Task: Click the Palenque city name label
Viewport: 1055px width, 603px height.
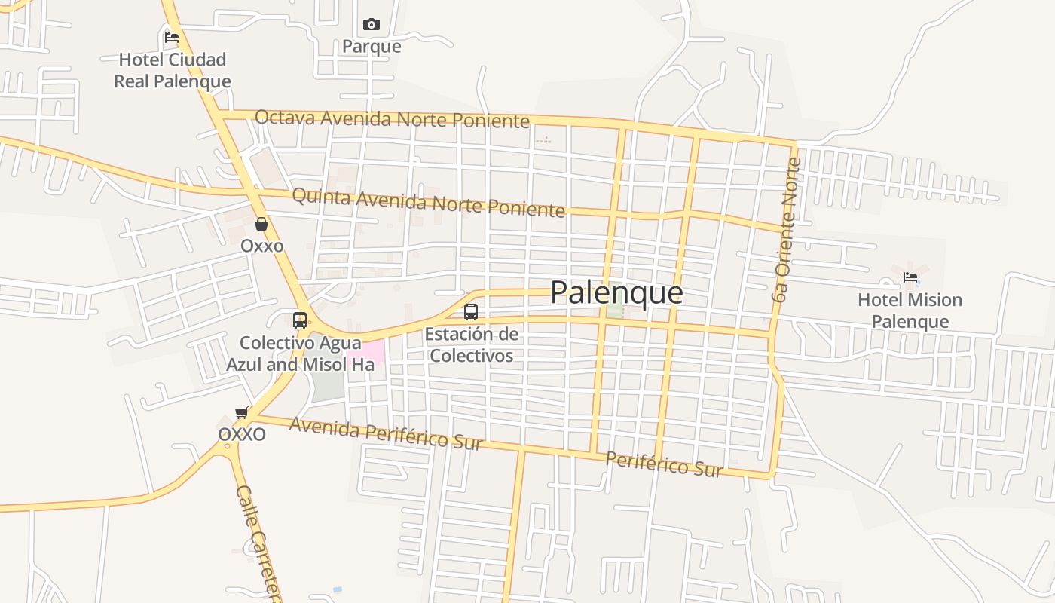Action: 616,292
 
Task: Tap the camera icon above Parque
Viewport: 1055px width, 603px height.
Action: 372,25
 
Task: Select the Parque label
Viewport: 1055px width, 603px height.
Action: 372,47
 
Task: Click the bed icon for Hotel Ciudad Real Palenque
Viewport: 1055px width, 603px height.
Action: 172,37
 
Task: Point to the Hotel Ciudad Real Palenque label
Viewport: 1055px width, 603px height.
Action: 173,70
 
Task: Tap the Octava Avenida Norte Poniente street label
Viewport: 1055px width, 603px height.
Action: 392,118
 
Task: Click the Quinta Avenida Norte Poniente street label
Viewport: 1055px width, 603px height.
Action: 428,202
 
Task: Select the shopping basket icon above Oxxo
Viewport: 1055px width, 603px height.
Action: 261,224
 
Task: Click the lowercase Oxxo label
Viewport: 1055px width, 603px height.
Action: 261,246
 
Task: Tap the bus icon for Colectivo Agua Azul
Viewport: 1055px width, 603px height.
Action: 300,320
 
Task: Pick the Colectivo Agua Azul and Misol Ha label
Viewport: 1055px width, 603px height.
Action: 300,354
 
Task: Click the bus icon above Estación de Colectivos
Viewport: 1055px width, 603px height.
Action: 471,311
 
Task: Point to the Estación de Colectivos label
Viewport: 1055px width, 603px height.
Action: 471,344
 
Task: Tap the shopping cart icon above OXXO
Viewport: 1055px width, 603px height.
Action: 242,412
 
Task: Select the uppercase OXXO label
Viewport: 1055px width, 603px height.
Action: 242,435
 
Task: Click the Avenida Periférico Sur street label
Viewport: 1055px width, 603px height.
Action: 385,433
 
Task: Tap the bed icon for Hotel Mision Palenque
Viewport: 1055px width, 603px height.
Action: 910,277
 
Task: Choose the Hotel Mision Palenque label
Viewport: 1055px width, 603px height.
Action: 910,311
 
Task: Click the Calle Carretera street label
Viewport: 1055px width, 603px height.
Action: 258,543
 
